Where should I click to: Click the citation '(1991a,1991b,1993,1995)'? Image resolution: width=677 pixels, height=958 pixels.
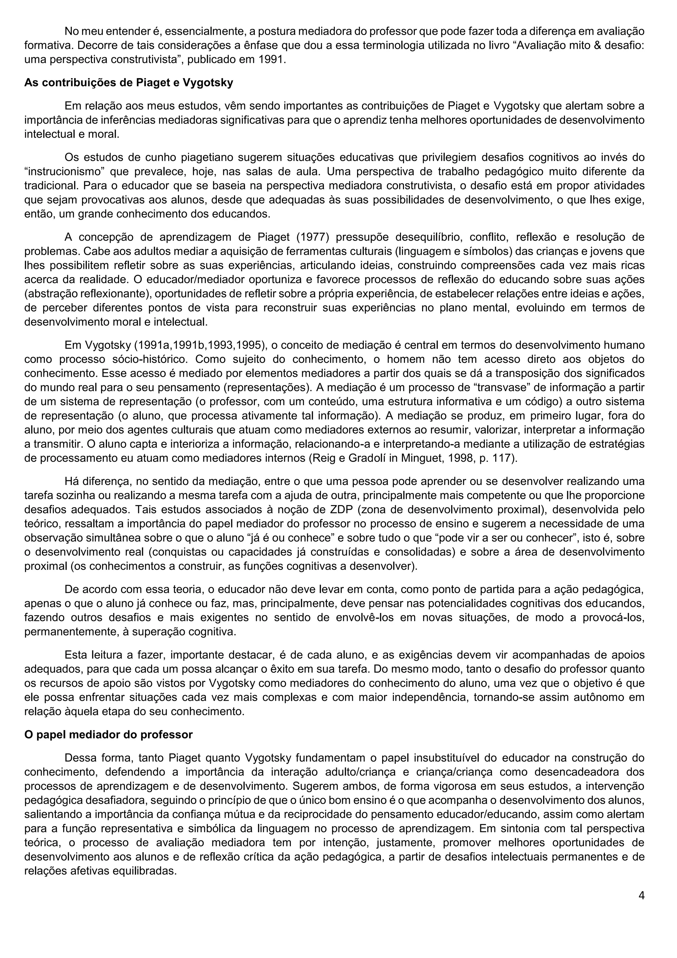(x=200, y=345)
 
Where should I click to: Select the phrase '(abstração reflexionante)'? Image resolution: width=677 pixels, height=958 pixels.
(x=88, y=294)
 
